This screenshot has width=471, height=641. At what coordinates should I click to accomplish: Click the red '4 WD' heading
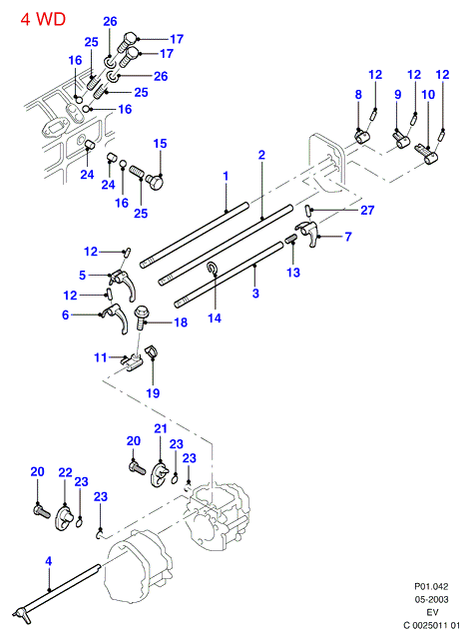tap(43, 19)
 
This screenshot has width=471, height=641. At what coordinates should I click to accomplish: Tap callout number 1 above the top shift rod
tap(226, 176)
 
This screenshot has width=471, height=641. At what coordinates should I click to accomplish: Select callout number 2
tap(261, 155)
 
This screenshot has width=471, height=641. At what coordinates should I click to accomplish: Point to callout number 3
tap(255, 294)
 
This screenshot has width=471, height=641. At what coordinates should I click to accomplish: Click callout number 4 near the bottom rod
tap(49, 561)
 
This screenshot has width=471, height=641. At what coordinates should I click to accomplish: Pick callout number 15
tap(160, 144)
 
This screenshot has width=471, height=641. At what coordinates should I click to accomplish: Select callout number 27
tap(367, 210)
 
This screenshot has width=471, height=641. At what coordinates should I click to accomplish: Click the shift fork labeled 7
tap(309, 233)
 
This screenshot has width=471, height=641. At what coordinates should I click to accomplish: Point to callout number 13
tap(293, 273)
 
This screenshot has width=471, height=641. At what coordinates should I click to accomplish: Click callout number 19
tap(153, 393)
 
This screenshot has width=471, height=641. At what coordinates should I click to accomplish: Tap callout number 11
tap(101, 357)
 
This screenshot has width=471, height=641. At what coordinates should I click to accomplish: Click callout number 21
tap(161, 428)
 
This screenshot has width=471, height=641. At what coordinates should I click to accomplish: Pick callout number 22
tap(65, 472)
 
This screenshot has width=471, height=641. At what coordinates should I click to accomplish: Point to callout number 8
tap(358, 95)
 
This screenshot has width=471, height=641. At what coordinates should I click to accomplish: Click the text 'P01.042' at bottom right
tap(431, 587)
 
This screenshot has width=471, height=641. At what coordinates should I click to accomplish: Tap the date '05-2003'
tap(432, 600)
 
